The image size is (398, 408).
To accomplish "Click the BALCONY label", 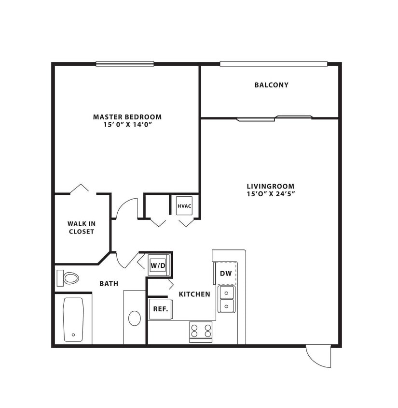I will tap(271, 85).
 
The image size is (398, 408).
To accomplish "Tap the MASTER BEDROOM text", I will tap(127, 117).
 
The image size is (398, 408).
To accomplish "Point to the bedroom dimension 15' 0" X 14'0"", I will tap(127, 125).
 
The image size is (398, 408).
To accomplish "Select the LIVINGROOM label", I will tap(270, 186).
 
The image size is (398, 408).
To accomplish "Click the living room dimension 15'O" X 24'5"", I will tap(270, 194).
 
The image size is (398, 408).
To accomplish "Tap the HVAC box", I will tap(184, 206).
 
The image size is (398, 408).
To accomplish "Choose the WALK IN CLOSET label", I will tap(81, 228).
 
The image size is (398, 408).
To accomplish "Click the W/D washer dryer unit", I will tap(158, 265).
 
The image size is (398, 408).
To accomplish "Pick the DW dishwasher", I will tap(226, 273).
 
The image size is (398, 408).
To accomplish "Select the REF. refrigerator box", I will tap(160, 309).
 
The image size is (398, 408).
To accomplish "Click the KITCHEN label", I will tap(194, 294).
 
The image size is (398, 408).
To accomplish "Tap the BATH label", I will tap(109, 284).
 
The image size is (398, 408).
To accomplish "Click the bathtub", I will tap(73, 320).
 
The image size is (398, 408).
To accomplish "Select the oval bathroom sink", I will tap(135, 318).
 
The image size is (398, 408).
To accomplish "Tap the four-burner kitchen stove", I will tap(201, 331).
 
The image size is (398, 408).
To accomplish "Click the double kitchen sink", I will tap(226, 299).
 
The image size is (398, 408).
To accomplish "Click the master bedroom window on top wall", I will tap(125, 63).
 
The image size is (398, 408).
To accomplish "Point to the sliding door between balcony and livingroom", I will tap(274, 118).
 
